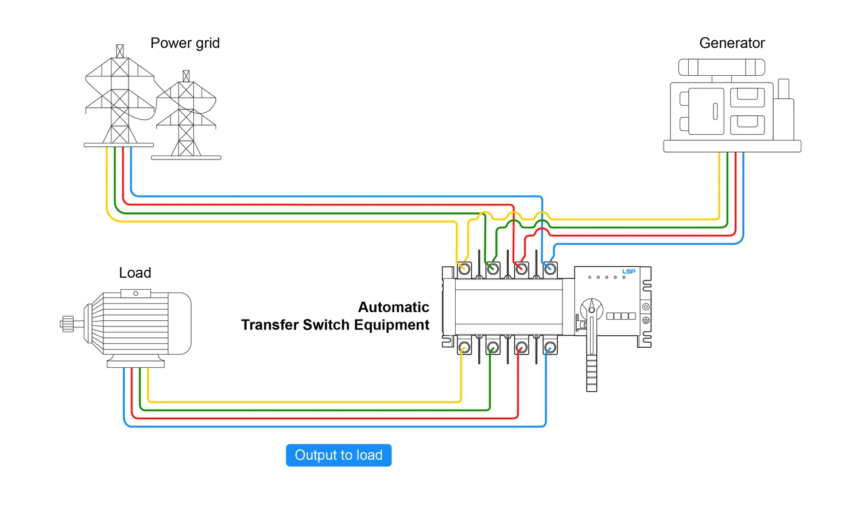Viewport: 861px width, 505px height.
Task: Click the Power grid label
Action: (185, 43)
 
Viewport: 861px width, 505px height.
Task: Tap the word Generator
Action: (732, 43)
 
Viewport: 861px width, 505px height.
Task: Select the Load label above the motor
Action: (135, 273)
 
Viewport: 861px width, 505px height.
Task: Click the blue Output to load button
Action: (339, 455)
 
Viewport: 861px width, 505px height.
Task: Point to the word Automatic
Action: (393, 307)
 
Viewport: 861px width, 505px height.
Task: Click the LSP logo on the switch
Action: (629, 271)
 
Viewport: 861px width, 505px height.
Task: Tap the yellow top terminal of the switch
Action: (464, 269)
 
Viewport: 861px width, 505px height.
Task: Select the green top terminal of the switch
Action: (492, 269)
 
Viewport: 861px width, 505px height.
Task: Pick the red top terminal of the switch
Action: (521, 269)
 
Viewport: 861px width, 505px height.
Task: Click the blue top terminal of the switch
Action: (550, 269)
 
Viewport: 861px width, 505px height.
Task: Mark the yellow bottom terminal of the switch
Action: (464, 347)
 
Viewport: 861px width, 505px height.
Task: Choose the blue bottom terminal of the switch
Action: (550, 347)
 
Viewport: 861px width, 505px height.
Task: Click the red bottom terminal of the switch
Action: (521, 347)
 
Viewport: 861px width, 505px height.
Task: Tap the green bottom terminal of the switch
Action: (492, 347)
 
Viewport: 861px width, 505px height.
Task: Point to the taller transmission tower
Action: (119, 98)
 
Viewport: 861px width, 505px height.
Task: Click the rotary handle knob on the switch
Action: (592, 309)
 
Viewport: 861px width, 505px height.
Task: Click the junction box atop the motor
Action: (135, 293)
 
